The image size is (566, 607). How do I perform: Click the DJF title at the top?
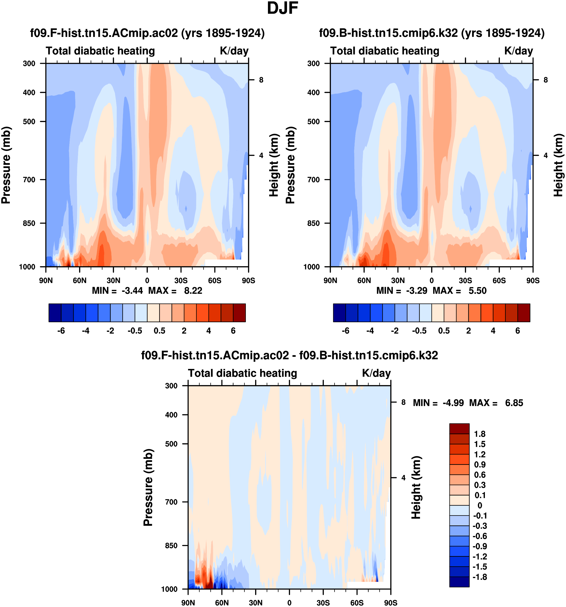[282, 8]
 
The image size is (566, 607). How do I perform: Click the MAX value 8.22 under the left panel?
[193, 290]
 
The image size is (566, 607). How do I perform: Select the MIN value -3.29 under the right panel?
[416, 290]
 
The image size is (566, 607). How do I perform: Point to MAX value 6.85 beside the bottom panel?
[514, 403]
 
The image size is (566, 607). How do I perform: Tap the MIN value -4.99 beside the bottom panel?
[453, 403]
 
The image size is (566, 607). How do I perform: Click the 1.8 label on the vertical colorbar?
[480, 434]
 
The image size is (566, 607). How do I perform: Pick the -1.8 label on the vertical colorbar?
[480, 577]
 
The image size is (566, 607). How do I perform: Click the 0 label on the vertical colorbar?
[480, 505]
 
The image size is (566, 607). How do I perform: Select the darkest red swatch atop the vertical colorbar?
[459, 429]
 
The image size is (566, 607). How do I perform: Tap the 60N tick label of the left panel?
[80, 280]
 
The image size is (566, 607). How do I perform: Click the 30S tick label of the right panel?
[465, 280]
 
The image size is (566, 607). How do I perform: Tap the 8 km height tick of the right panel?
[546, 80]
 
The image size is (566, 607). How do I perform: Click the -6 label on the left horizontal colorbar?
[61, 331]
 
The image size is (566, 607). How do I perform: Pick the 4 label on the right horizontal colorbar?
[493, 331]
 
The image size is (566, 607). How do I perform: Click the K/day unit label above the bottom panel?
[376, 373]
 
